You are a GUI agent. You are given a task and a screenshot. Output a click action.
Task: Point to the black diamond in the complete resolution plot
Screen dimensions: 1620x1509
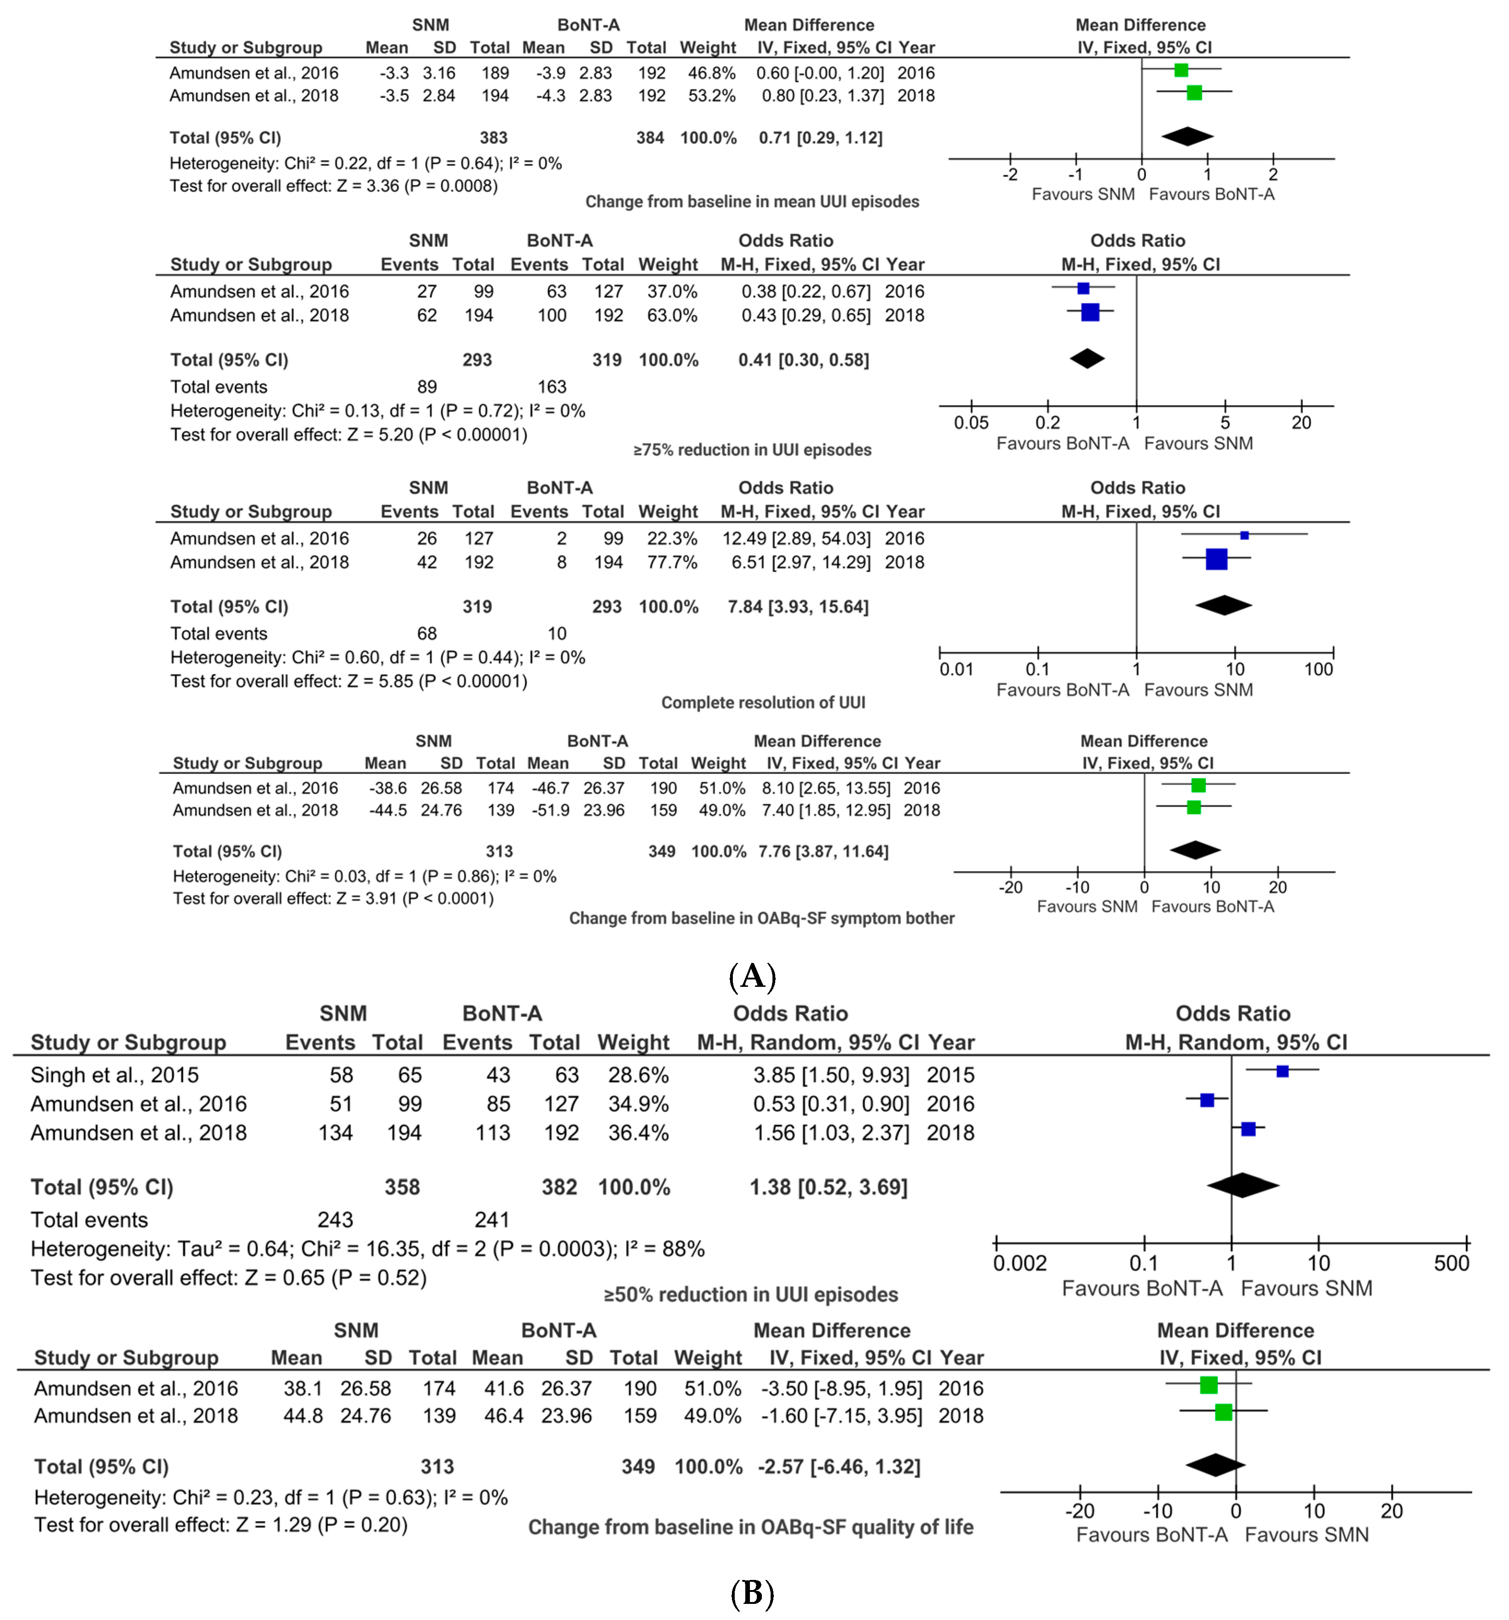(1223, 606)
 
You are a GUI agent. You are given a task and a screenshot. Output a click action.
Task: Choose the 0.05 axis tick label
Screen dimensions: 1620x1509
(971, 423)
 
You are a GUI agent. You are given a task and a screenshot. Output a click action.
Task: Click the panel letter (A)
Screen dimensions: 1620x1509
(752, 975)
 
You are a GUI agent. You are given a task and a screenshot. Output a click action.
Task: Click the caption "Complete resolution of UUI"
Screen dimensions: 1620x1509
(763, 702)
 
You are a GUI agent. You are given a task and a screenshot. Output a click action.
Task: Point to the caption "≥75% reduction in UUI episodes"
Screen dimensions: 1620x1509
(752, 450)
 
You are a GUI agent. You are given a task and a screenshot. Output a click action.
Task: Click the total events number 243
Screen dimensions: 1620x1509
(335, 1220)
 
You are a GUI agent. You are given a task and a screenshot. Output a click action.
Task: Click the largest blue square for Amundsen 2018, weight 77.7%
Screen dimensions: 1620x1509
(1217, 559)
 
